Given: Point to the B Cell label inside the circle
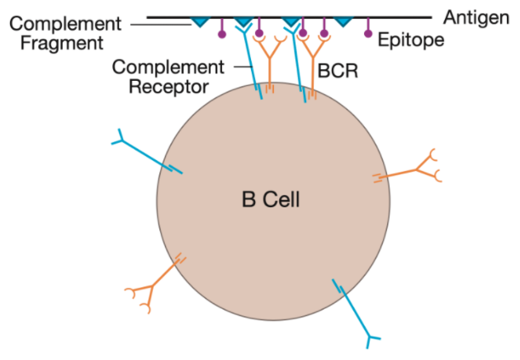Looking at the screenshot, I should coord(270,200).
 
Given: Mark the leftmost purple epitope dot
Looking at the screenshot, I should coord(221,34).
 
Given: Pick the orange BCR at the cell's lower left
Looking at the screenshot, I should coord(154,282).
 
